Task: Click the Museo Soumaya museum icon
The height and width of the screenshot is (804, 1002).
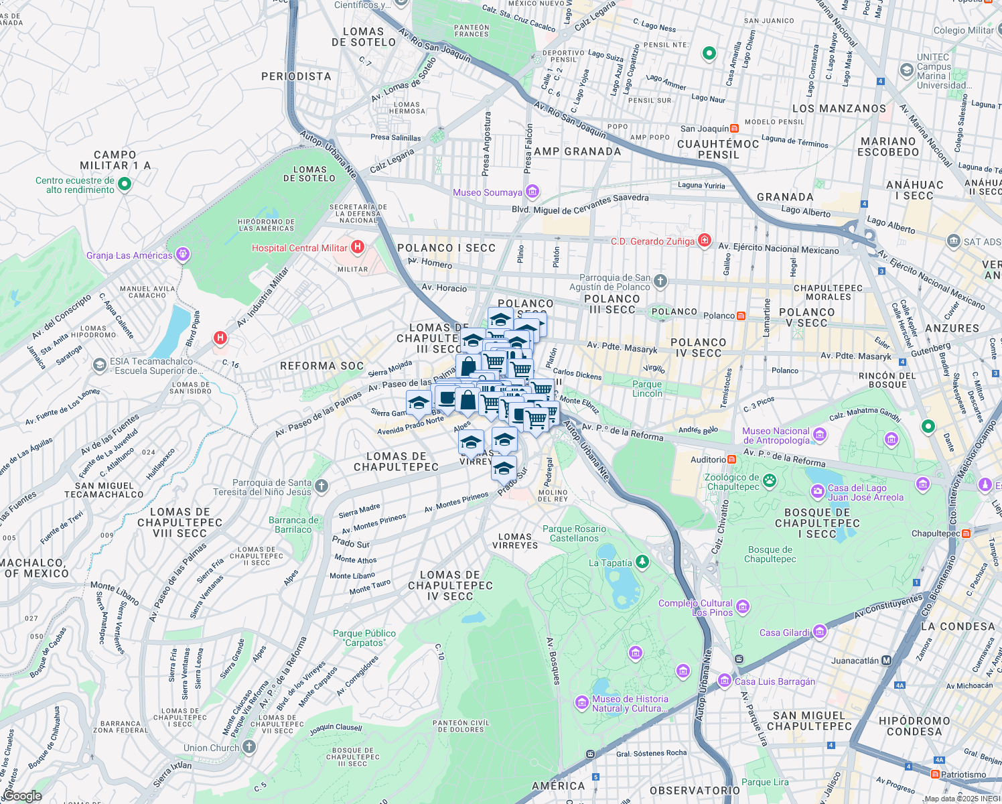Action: pyautogui.click(x=532, y=192)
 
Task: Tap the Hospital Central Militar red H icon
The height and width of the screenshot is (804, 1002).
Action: pyautogui.click(x=358, y=247)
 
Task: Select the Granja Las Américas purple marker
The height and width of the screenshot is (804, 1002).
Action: pyautogui.click(x=183, y=255)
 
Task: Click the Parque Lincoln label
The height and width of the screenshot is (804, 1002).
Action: pyautogui.click(x=647, y=389)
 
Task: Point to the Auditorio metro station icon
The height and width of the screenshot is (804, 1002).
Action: pyautogui.click(x=732, y=460)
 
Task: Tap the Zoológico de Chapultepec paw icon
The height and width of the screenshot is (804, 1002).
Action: pyautogui.click(x=770, y=480)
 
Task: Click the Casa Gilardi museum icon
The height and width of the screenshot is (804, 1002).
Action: pyautogui.click(x=820, y=632)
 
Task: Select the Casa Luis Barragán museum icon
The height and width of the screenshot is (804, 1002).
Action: pyautogui.click(x=724, y=681)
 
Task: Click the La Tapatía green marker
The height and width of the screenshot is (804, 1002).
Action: pyautogui.click(x=642, y=561)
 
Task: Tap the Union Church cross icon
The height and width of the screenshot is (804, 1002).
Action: pyautogui.click(x=249, y=747)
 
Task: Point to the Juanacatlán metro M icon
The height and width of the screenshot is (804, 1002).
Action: pyautogui.click(x=887, y=661)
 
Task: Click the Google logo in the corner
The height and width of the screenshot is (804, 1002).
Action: pyautogui.click(x=22, y=796)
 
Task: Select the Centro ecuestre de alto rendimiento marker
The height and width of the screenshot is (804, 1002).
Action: pyautogui.click(x=125, y=184)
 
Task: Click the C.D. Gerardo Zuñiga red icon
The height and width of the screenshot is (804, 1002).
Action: pyautogui.click(x=704, y=241)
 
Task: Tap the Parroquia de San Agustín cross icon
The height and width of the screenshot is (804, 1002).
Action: pyautogui.click(x=660, y=281)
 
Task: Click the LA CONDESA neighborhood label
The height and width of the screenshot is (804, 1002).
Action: pyautogui.click(x=958, y=626)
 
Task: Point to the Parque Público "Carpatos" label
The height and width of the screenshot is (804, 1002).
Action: pyautogui.click(x=364, y=638)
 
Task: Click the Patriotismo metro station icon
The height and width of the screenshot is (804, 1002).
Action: pyautogui.click(x=935, y=775)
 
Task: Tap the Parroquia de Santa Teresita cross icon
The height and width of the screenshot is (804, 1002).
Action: pyautogui.click(x=321, y=486)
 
